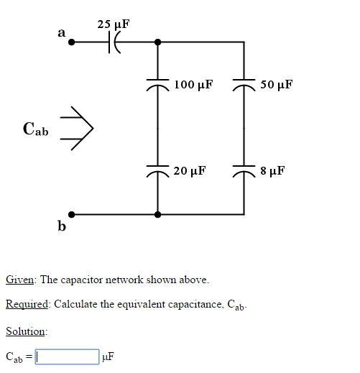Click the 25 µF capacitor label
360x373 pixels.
(x=114, y=24)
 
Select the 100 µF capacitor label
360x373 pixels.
(x=193, y=85)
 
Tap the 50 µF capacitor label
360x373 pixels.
(x=277, y=85)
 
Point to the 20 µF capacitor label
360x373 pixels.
(x=190, y=171)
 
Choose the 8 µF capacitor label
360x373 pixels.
(x=273, y=171)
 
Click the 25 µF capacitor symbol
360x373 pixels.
(x=114, y=42)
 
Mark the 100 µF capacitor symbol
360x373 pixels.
(x=158, y=85)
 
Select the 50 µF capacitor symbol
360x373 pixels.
(x=244, y=85)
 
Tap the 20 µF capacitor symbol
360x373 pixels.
(x=158, y=171)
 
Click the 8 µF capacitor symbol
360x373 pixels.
(x=244, y=171)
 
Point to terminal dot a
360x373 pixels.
(x=71, y=42)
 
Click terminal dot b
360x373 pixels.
(x=71, y=213)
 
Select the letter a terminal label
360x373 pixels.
(x=61, y=32)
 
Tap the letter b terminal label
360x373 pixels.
(x=62, y=227)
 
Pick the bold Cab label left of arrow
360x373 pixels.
(x=36, y=129)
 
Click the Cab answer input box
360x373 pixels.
(x=68, y=356)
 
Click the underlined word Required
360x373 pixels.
(x=27, y=304)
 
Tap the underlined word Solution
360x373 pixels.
(x=26, y=331)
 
